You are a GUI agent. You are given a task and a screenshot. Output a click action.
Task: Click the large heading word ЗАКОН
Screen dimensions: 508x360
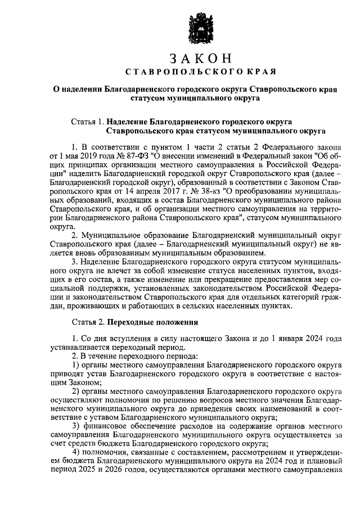click(x=200, y=58)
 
